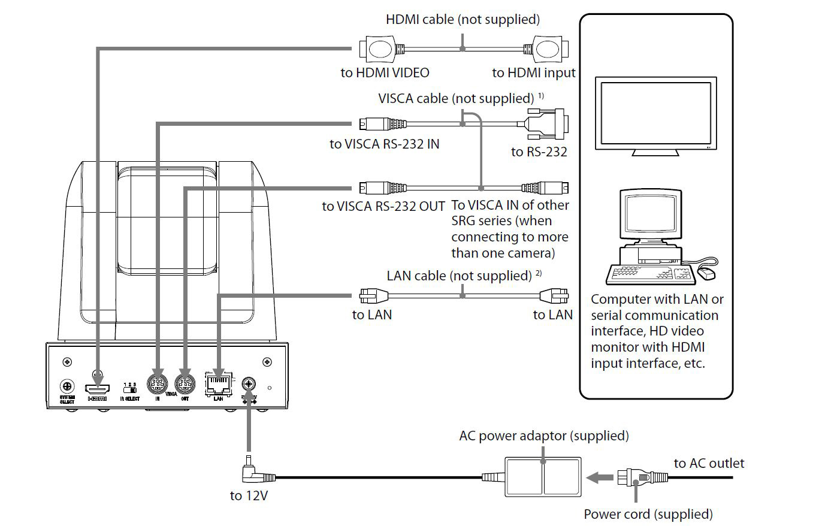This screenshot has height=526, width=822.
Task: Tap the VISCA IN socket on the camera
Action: coord(157,383)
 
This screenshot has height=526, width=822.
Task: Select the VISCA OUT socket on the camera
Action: coord(185,383)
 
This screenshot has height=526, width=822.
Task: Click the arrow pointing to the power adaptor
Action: coord(597,477)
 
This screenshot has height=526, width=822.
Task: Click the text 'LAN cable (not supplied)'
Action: coord(459,276)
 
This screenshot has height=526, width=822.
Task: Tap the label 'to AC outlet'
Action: coord(709,463)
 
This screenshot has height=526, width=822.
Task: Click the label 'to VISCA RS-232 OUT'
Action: coord(383,206)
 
